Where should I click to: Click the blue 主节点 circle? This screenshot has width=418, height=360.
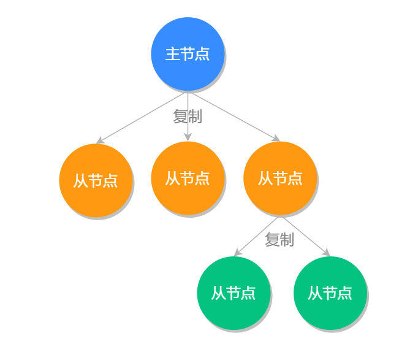(188, 54)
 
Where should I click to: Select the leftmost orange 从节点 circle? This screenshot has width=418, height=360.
(96, 180)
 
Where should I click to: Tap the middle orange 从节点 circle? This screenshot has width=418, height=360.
(188, 178)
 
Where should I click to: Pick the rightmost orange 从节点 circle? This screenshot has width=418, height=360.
(280, 178)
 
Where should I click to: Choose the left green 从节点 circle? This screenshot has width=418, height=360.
(234, 293)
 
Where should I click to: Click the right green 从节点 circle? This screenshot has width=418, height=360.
(330, 293)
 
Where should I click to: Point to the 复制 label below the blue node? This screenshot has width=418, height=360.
(188, 115)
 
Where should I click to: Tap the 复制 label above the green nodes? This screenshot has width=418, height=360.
(279, 240)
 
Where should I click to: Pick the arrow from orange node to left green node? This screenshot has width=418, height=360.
(257, 236)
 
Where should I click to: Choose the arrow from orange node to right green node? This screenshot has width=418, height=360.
(306, 236)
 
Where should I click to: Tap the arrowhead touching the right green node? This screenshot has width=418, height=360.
(326, 253)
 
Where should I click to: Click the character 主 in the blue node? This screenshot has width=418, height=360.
(173, 54)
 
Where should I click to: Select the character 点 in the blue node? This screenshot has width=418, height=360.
(202, 54)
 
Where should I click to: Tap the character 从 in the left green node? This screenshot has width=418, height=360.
(219, 293)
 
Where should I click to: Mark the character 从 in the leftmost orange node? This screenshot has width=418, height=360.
(81, 181)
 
